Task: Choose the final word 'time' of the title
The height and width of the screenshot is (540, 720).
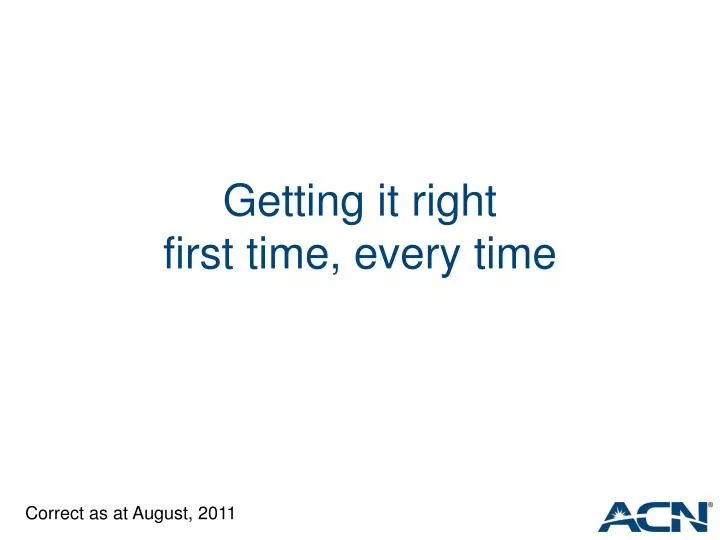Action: click(x=514, y=255)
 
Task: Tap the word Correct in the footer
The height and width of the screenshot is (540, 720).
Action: click(x=53, y=514)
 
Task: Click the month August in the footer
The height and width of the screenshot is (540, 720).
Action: click(x=161, y=514)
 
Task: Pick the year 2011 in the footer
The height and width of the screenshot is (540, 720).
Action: click(x=217, y=514)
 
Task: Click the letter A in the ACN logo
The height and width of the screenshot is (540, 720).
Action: click(x=620, y=516)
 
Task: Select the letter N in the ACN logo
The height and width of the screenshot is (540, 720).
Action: click(x=691, y=516)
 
